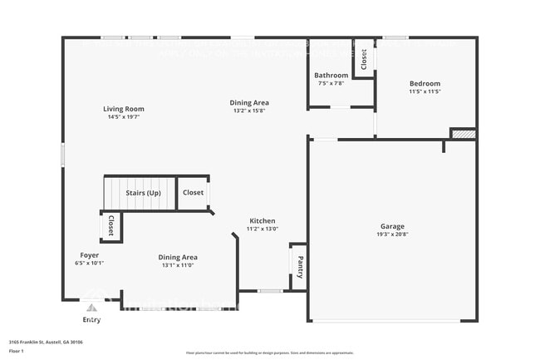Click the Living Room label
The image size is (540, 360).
point(124,109)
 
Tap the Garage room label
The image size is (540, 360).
point(393,226)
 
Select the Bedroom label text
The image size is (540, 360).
point(425,83)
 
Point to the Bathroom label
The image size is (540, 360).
point(331,76)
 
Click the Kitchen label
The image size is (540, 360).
point(263,221)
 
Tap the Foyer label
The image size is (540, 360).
point(90,254)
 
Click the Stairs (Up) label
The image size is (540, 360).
point(143,193)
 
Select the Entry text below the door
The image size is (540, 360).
point(91,319)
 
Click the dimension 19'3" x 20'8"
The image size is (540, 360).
point(393,234)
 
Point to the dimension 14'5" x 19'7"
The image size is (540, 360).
point(124,117)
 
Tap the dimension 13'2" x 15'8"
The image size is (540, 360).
point(249,111)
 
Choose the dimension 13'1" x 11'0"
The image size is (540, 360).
point(178,265)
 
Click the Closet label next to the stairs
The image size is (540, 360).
point(193,193)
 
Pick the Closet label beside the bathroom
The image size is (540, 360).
point(364,61)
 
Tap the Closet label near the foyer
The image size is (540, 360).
point(111,226)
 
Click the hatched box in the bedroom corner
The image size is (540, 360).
point(464,134)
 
